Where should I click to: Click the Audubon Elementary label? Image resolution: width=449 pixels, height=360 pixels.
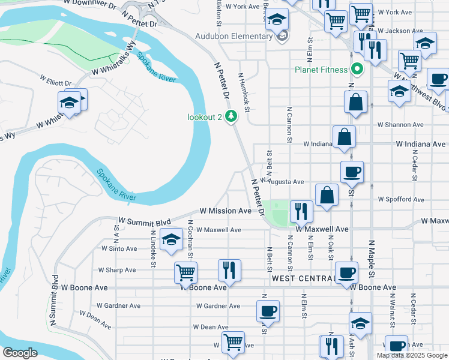tap(234, 36)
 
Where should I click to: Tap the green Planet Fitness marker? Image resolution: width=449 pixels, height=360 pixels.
tap(358, 69)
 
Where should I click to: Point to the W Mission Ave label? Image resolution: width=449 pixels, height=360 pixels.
tap(226, 211)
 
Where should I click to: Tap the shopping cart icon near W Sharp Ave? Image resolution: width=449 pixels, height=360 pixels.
tap(185, 273)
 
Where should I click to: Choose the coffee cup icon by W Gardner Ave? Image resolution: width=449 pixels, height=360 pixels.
tap(268, 311)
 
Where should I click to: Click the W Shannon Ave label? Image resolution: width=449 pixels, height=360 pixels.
tap(400, 125)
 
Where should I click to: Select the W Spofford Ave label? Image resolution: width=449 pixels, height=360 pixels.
tap(400, 199)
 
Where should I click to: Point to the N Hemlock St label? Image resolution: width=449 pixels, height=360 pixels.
tap(243, 92)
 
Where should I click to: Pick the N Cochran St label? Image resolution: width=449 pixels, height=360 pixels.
tap(190, 239)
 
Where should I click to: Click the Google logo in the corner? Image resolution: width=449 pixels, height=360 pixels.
tap(19, 353)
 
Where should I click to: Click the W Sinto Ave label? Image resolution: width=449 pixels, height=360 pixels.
tap(119, 248)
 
